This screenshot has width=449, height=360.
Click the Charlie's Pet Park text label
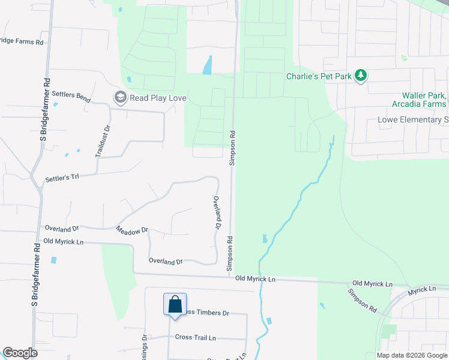tap(318, 76)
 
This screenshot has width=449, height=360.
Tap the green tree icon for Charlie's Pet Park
tap(360, 76)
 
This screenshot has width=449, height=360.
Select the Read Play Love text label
tap(158, 98)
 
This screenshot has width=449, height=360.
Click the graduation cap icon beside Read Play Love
tap(120, 97)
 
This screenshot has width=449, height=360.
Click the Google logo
tap(20, 353)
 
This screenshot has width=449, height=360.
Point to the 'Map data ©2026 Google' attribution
tap(412, 355)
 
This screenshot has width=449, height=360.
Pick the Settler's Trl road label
tap(62, 178)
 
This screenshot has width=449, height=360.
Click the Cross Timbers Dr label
tap(206, 313)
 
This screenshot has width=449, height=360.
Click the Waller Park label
tap(424, 95)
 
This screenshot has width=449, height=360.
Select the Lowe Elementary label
tap(414, 119)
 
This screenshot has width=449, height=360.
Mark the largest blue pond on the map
tap(208, 64)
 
